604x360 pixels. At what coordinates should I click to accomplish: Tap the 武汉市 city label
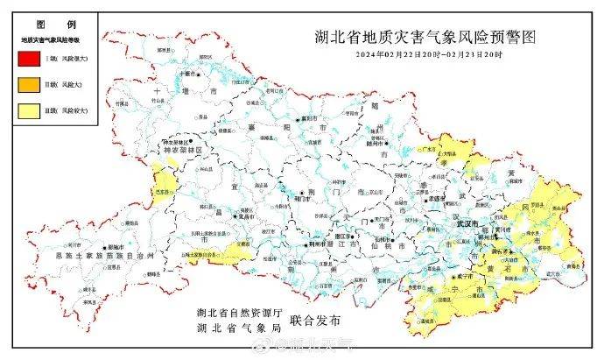[x=468, y=223]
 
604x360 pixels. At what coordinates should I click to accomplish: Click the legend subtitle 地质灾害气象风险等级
[x=51, y=40]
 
